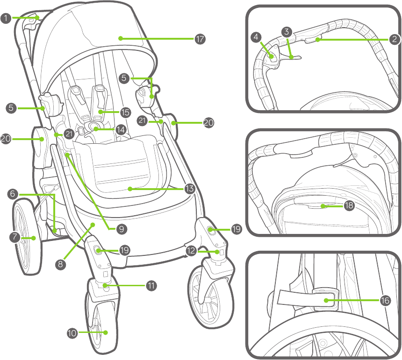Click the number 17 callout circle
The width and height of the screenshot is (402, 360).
pos(200,39)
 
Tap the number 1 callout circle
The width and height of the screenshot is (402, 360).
pos(6,19)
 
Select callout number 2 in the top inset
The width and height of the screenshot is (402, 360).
pos(395,40)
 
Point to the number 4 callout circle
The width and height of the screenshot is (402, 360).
pos(256,37)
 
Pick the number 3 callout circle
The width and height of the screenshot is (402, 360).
pos(287,32)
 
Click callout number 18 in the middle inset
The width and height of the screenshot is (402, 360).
pos(349,205)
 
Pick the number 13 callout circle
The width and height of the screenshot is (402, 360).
pos(189,189)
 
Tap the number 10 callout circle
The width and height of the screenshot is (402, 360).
pos(72,333)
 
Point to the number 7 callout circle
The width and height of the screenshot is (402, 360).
pos(15,238)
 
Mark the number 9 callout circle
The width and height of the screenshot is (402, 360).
pos(121,229)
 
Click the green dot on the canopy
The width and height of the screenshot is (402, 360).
pos(120,38)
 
